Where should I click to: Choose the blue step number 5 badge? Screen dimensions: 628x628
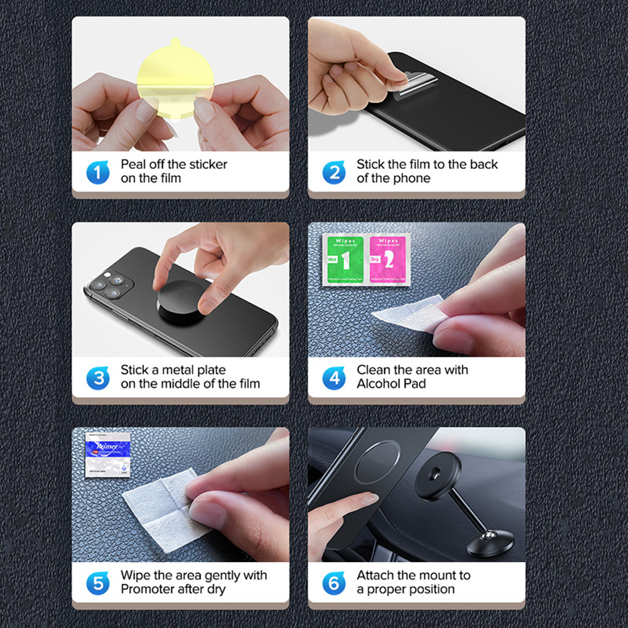(x=97, y=583)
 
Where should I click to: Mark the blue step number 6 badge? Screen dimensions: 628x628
(x=334, y=583)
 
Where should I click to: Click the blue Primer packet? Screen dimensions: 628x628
(x=107, y=454)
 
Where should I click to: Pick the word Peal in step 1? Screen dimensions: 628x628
(x=134, y=165)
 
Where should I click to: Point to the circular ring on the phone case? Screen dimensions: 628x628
(x=377, y=462)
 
